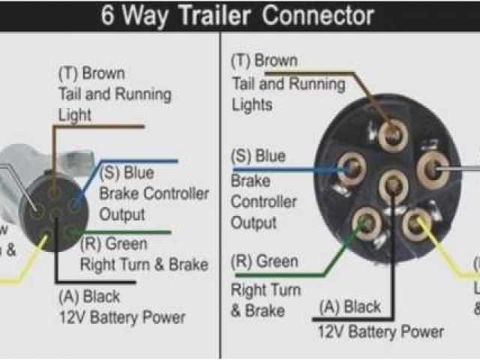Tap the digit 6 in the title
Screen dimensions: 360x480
pyautogui.click(x=108, y=16)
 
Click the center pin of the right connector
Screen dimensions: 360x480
pyautogui.click(x=393, y=184)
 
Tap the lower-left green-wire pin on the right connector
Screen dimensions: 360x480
pyautogui.click(x=367, y=223)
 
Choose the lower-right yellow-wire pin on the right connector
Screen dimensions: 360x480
pyautogui.click(x=415, y=223)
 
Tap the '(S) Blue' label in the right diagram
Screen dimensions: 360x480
pyautogui.click(x=259, y=157)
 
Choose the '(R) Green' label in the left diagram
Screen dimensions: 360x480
pyautogui.click(x=115, y=244)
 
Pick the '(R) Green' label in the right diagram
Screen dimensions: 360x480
pyautogui.click(x=264, y=262)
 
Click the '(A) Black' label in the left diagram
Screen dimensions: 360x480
pyautogui.click(x=88, y=297)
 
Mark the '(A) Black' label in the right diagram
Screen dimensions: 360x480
pyautogui.click(x=351, y=307)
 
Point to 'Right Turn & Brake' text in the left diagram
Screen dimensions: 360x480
pyautogui.click(x=144, y=265)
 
